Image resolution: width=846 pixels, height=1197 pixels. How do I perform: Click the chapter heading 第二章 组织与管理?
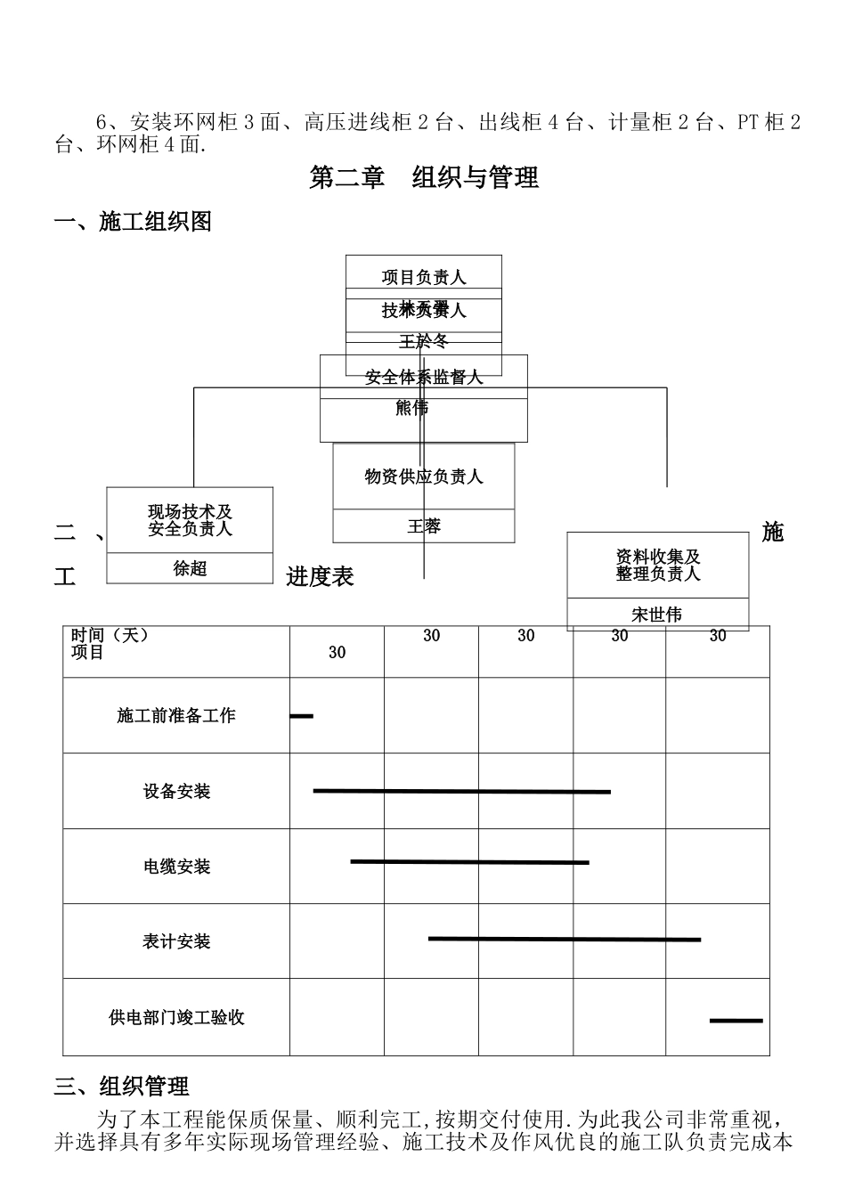(x=423, y=178)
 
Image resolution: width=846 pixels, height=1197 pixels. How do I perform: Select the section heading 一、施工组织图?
(x=134, y=222)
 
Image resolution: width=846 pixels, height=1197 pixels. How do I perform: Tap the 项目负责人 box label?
(x=424, y=277)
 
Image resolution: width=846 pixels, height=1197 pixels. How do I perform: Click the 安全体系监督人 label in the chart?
(x=424, y=378)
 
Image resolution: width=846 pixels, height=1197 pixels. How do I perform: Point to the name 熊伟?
(x=411, y=408)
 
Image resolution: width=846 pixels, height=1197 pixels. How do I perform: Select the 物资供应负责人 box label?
(x=424, y=476)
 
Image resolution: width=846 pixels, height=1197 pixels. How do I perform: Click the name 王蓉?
(x=424, y=526)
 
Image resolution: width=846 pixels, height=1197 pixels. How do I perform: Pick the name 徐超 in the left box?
(x=190, y=568)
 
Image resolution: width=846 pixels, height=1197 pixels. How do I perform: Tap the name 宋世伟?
(x=657, y=615)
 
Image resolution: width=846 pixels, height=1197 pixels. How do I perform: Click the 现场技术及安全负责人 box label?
(x=190, y=520)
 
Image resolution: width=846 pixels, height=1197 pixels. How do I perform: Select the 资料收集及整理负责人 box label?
(x=658, y=565)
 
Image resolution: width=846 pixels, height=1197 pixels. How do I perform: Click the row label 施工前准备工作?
(x=176, y=715)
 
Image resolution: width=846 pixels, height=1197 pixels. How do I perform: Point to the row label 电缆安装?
(x=176, y=867)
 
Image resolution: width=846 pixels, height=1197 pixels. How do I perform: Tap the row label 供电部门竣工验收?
(x=176, y=1017)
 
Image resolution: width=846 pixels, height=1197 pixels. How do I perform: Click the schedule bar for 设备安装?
(x=461, y=791)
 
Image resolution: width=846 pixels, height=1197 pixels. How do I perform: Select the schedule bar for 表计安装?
(x=564, y=939)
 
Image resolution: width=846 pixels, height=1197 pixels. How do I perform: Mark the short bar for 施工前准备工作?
(x=302, y=715)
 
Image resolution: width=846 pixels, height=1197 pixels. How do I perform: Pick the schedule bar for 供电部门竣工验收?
(x=736, y=1020)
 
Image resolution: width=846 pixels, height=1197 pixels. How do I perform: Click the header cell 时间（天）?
(x=110, y=635)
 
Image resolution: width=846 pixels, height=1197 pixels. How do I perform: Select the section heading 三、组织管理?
(x=122, y=1087)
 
